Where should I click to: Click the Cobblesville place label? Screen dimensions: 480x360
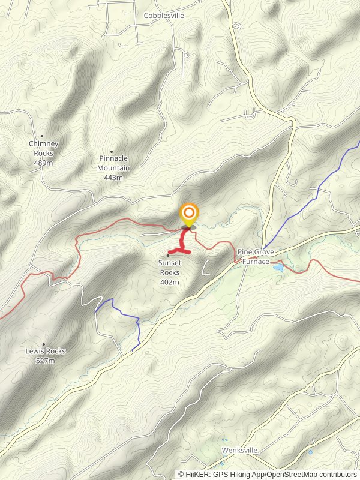click(164, 15)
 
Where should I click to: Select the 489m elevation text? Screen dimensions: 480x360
click(44, 163)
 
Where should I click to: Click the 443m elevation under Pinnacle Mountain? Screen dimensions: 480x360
click(113, 177)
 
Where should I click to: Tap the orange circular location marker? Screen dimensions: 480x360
click(189, 214)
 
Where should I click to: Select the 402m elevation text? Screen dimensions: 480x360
click(169, 281)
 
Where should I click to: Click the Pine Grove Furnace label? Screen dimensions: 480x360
click(256, 256)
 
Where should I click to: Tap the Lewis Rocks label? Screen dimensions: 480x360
click(46, 351)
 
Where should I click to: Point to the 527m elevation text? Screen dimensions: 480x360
click(46, 361)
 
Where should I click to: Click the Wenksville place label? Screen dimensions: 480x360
click(239, 449)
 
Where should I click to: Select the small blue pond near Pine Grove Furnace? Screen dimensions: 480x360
click(278, 268)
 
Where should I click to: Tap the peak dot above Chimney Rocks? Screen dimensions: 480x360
click(42, 136)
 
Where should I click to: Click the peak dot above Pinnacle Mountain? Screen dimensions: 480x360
click(111, 151)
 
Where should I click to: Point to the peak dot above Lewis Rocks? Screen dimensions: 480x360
click(44, 344)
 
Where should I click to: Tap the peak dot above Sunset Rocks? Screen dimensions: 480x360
click(169, 256)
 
